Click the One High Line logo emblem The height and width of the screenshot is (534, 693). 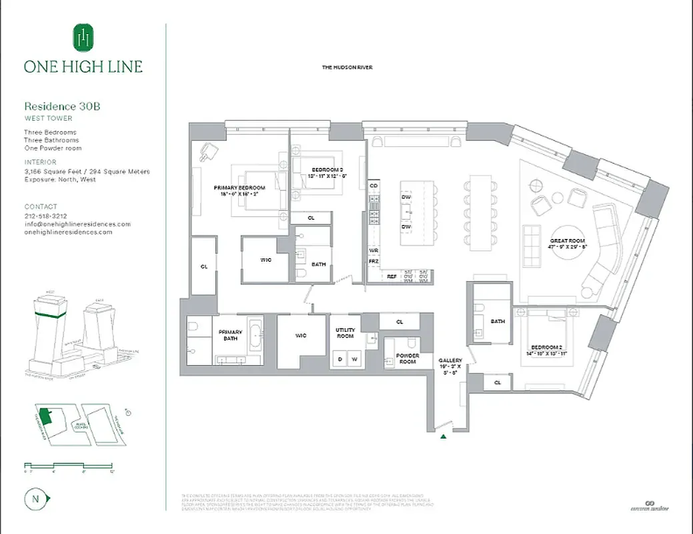click(x=83, y=39)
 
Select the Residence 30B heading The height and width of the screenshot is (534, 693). click(x=62, y=105)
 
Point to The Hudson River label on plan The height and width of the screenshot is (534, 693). click(x=347, y=67)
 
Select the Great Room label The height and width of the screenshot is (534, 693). click(x=567, y=243)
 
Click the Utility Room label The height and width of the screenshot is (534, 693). click(x=345, y=333)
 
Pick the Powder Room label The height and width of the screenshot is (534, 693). click(x=408, y=359)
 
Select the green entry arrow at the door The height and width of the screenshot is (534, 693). click(x=443, y=437)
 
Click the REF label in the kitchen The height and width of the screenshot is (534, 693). click(x=392, y=274)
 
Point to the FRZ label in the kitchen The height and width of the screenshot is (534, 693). click(x=374, y=260)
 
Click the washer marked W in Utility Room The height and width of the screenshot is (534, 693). click(x=354, y=359)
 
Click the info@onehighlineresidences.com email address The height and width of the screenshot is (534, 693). click(x=77, y=224)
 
